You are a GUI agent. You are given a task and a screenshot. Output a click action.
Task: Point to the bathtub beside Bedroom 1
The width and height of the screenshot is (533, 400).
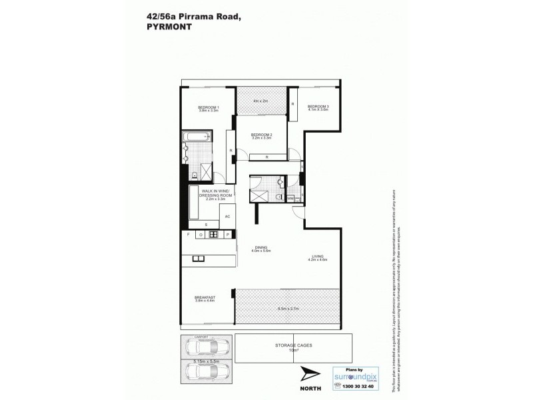click(x=197, y=138)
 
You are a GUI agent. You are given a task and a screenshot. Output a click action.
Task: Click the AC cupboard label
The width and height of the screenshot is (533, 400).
click(x=227, y=217)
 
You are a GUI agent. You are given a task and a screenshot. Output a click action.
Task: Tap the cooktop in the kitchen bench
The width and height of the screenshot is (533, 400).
click(x=214, y=235)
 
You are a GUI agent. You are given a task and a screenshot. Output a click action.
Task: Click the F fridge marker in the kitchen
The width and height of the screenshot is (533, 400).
click(x=189, y=235)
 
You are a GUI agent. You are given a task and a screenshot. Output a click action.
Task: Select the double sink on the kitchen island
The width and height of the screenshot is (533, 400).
click(x=198, y=258)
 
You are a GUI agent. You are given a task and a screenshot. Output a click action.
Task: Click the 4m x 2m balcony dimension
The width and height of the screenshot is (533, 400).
click(x=260, y=101)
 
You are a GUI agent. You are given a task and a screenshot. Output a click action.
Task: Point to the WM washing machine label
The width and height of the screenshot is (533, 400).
click(x=290, y=198)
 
